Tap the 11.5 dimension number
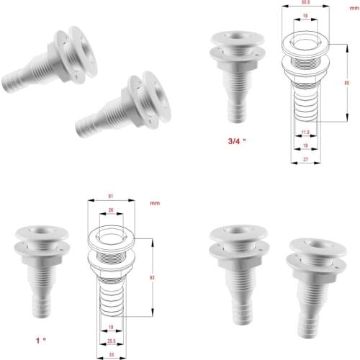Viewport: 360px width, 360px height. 305,132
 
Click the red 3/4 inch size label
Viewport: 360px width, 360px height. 237,141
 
